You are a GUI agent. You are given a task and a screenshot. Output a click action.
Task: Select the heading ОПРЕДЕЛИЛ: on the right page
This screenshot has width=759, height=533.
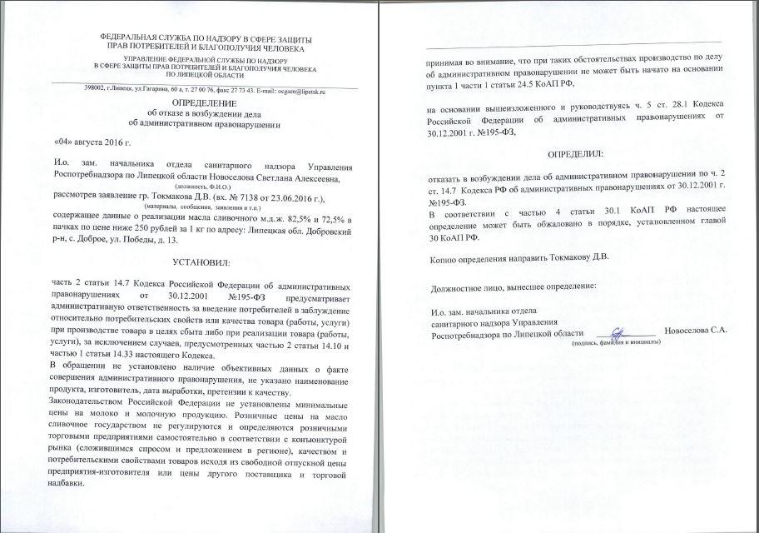coord(574,156)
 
